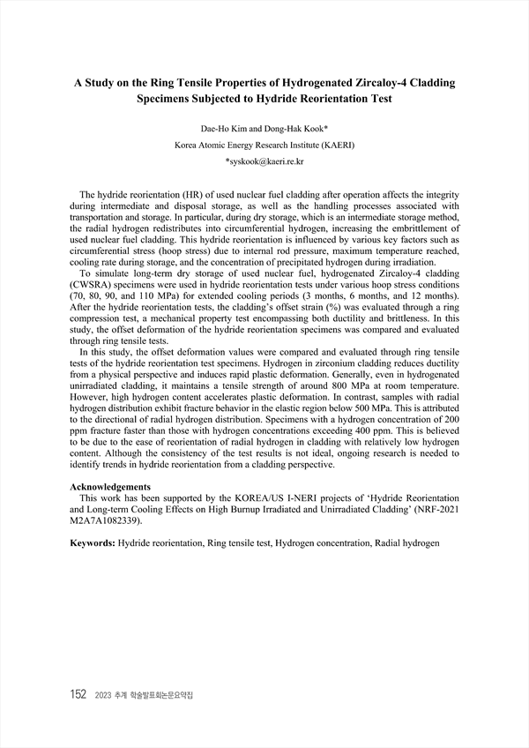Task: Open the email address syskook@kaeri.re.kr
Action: tap(266, 161)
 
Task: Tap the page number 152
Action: tap(77, 694)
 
